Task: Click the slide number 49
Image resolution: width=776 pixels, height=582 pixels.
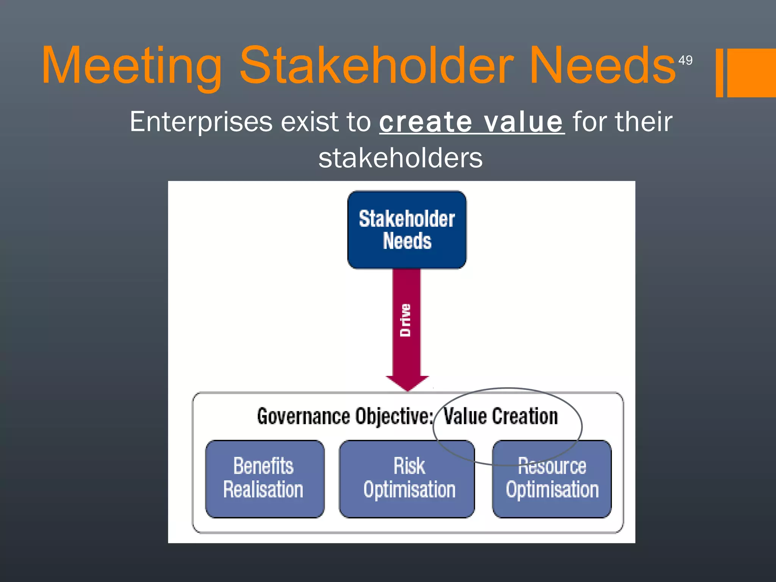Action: [685, 60]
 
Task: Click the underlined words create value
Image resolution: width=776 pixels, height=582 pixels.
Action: [472, 122]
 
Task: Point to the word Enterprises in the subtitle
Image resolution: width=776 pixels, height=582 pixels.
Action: [201, 122]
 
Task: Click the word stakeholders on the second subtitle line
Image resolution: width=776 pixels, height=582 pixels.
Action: [401, 158]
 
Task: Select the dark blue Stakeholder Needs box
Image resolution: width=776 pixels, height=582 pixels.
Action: [407, 230]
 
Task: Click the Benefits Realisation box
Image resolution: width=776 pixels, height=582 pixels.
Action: [264, 479]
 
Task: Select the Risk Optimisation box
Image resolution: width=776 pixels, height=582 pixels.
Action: [407, 479]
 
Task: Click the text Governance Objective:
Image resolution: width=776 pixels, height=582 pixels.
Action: [345, 416]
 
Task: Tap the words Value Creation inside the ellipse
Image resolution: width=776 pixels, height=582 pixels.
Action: [501, 416]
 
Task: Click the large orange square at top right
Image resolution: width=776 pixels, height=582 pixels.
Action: [752, 73]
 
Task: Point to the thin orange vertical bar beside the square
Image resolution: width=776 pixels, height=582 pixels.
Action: [719, 73]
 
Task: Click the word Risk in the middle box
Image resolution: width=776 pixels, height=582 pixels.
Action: [409, 466]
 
